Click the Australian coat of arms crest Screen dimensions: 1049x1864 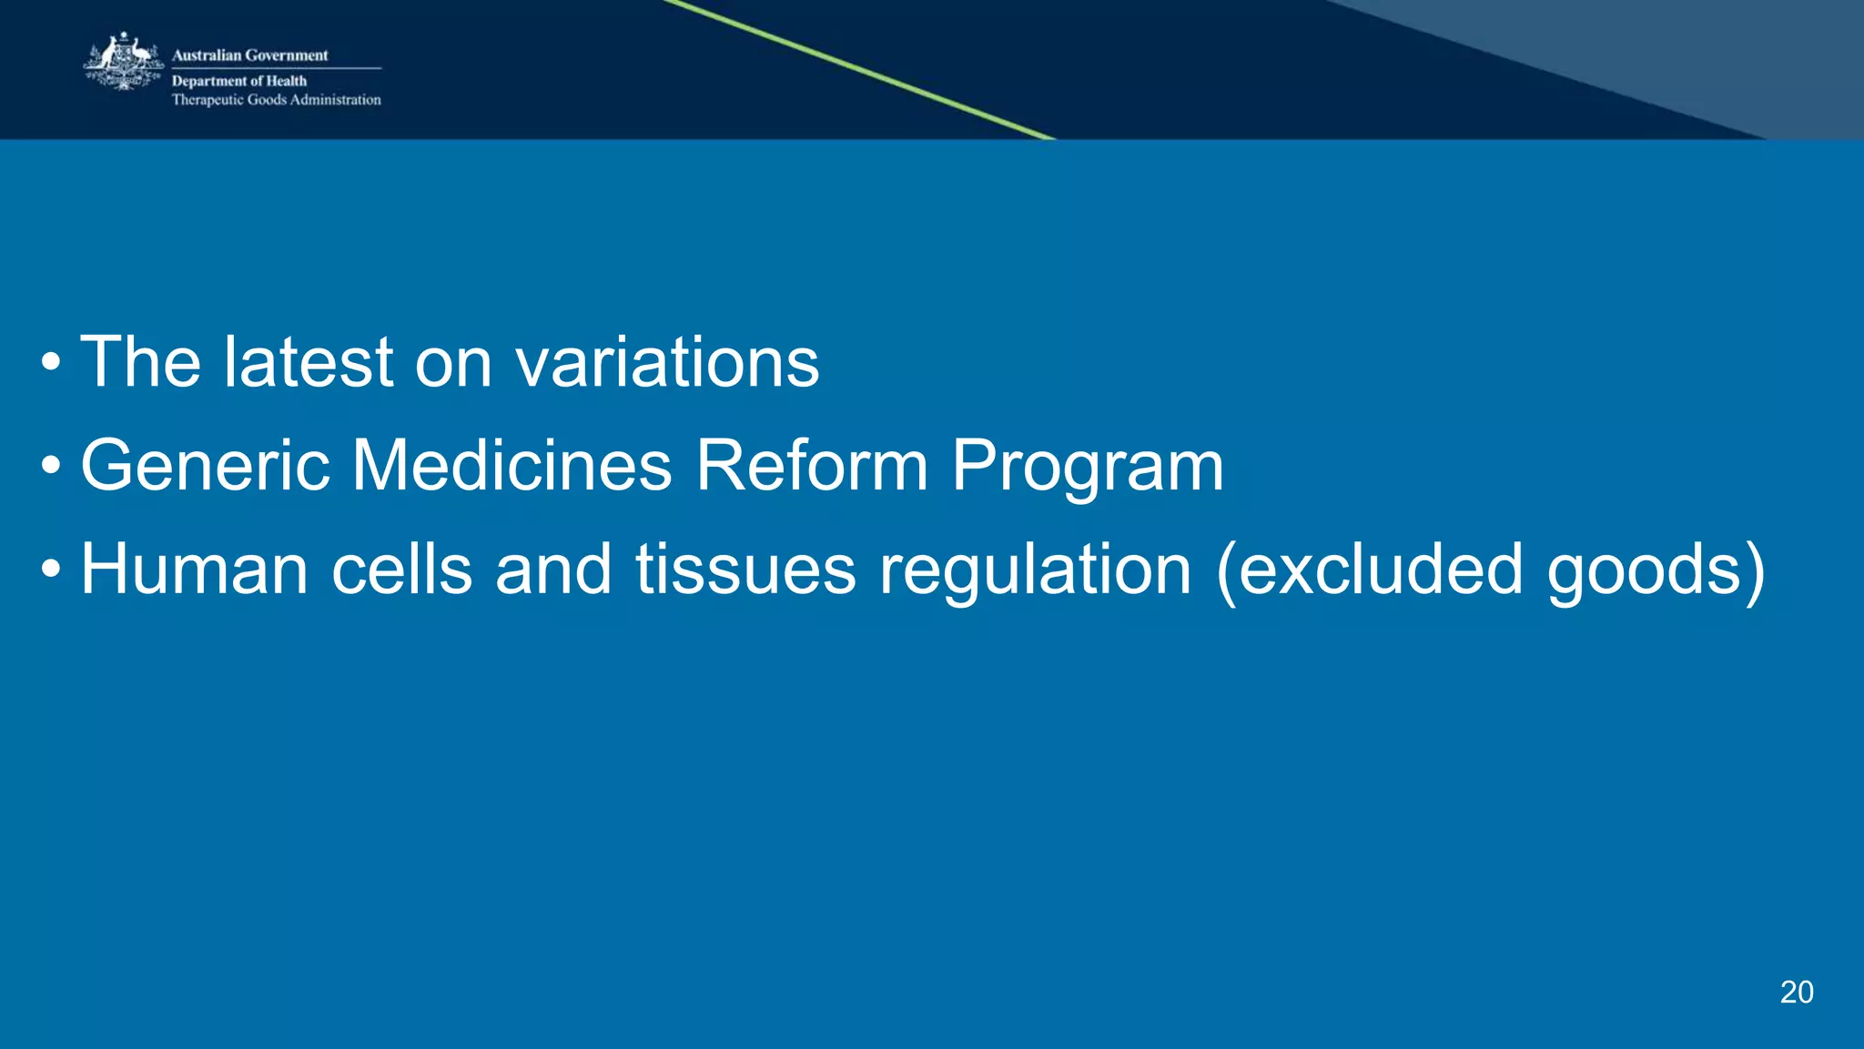click(124, 62)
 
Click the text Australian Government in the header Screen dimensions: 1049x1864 click(249, 55)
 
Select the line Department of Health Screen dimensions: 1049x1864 click(238, 81)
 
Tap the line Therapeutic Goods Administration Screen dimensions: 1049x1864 click(276, 100)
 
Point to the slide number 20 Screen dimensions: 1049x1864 click(1796, 992)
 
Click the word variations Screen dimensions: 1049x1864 click(667, 362)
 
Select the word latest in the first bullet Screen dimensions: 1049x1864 click(309, 362)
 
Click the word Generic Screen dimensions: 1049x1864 click(205, 466)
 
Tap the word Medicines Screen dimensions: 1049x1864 click(512, 466)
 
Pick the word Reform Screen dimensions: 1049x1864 click(812, 466)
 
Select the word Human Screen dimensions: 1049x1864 click(194, 570)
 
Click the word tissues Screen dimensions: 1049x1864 click(745, 570)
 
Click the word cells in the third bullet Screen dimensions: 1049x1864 click(401, 570)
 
